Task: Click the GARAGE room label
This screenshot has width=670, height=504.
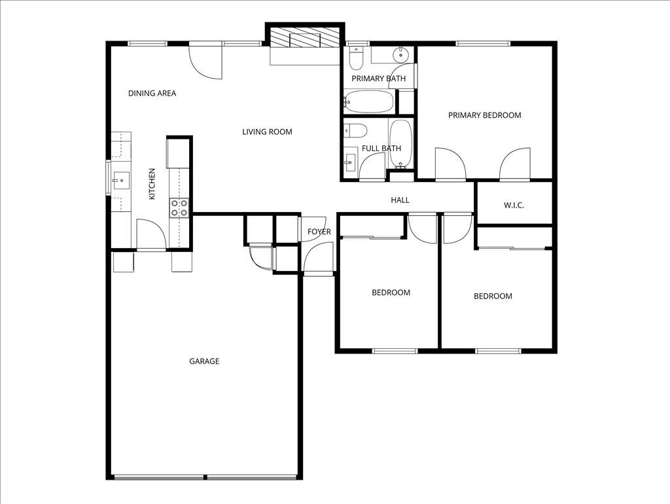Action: [x=204, y=361]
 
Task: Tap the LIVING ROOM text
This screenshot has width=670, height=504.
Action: [x=267, y=132]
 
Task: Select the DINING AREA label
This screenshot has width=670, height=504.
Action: [x=152, y=94]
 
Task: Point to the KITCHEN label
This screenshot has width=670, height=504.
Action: [x=152, y=184]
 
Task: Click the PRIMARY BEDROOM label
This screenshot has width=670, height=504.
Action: [x=484, y=115]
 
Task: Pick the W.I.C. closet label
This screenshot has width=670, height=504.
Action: [x=514, y=206]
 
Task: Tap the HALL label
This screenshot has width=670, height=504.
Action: [x=400, y=200]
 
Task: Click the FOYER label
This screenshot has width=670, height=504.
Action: [x=319, y=232]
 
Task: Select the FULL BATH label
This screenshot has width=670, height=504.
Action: [x=381, y=149]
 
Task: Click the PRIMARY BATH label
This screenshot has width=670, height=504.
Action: [x=378, y=79]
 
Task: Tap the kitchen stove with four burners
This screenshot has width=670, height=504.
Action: [x=179, y=208]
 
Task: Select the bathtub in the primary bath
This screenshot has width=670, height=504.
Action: [x=368, y=101]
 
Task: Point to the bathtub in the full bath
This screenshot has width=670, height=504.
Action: [x=401, y=144]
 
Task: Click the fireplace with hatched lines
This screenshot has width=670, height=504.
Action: [x=304, y=37]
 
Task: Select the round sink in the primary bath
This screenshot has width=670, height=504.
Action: [x=400, y=55]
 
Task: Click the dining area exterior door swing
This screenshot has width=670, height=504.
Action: [x=207, y=62]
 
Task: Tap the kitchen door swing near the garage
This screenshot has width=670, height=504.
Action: [x=150, y=233]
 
